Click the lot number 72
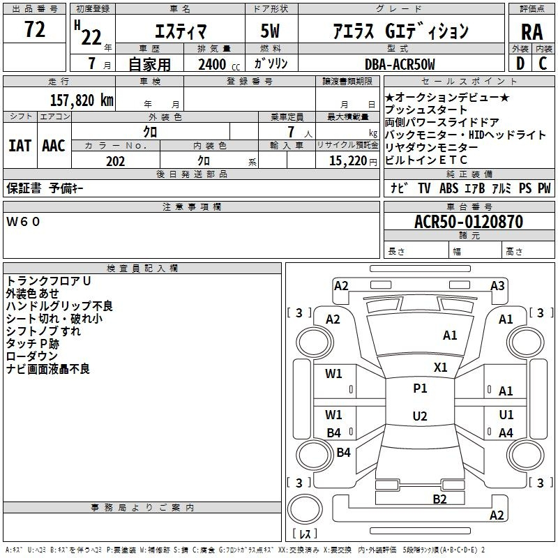coord(34,29)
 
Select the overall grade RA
coord(531,32)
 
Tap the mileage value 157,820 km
coord(82,100)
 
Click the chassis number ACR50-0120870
coord(469,222)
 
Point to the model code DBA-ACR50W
coord(400,64)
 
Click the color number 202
coord(115,161)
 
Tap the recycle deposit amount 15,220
coord(347,161)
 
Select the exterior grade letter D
coord(520,63)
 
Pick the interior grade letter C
coord(543,63)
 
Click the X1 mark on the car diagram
coord(440,368)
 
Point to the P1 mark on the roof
coord(420,389)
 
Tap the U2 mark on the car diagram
coord(420,416)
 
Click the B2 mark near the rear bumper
coord(439,499)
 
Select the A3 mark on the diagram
coord(497,286)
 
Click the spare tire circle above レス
coord(305,508)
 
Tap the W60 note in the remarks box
coord(23,222)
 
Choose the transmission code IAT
coord(20,146)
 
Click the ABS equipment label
coord(448,188)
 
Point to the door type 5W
coord(270,31)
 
